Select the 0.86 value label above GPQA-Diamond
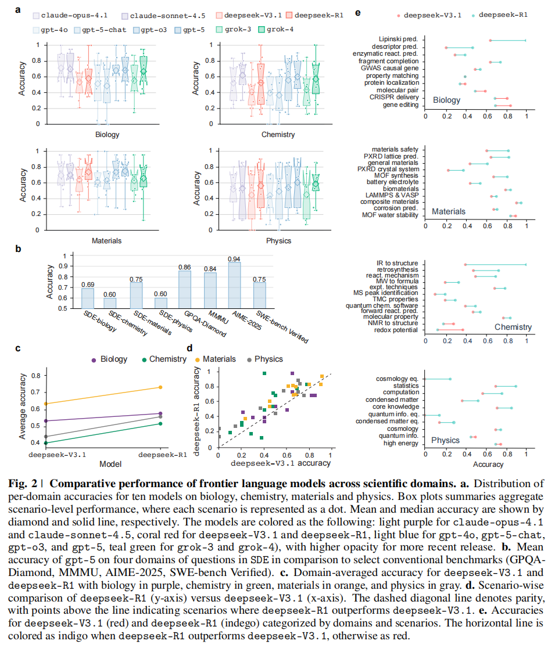(x=185, y=267)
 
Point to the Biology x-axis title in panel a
(x=107, y=135)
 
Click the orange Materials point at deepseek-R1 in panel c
(x=160, y=387)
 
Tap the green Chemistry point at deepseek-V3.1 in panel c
(x=45, y=442)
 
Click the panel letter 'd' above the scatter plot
(x=189, y=348)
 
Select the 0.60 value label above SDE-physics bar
(x=160, y=294)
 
